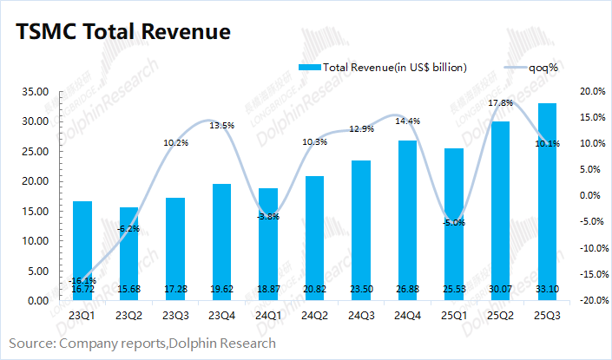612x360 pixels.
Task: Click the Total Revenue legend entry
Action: coord(383,67)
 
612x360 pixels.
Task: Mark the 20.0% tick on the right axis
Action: coord(590,91)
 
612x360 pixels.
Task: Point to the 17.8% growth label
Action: coord(501,103)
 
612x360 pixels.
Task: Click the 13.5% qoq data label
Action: coord(222,126)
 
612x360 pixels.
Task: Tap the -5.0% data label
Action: coord(454,223)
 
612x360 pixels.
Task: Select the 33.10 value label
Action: coord(548,288)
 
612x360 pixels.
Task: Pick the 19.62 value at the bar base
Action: coord(221,288)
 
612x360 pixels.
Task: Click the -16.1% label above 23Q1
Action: coord(82,280)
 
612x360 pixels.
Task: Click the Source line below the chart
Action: coord(143,344)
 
